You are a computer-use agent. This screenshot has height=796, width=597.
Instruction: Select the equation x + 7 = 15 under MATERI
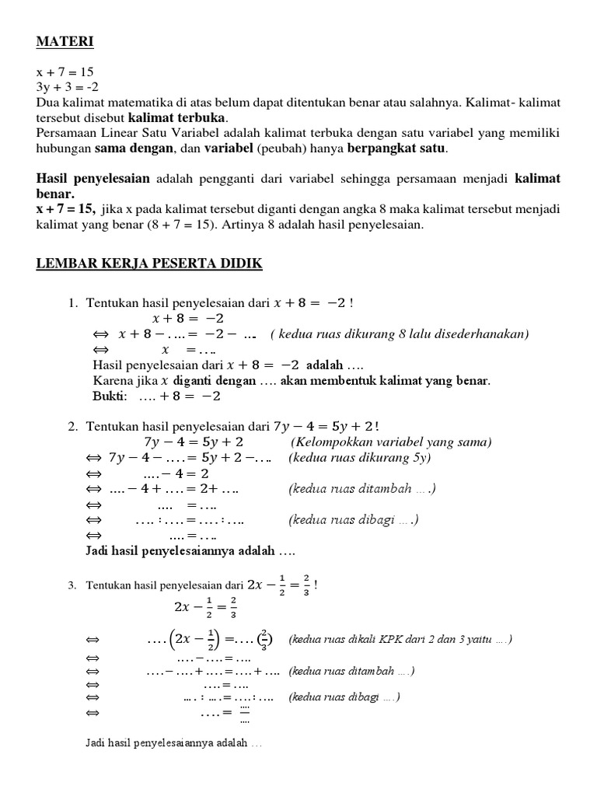[x=65, y=72]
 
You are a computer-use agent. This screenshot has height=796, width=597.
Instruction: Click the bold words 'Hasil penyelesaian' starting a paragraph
[x=93, y=179]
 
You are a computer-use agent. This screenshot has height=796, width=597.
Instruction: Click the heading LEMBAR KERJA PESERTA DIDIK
[x=149, y=265]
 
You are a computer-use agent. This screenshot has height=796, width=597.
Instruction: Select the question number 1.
[x=73, y=303]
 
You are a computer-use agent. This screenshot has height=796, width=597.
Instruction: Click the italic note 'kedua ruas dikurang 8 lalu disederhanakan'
[x=400, y=334]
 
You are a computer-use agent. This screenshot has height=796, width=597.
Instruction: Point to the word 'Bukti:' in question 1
[x=110, y=396]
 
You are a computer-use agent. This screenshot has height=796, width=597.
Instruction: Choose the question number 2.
[x=73, y=426]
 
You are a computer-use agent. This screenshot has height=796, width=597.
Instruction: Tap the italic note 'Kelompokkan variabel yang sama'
[x=391, y=442]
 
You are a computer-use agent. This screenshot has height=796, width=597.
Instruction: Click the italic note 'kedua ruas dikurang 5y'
[x=359, y=457]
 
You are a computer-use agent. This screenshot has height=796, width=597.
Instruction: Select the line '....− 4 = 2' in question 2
[x=176, y=473]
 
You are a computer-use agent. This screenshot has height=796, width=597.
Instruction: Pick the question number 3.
[x=72, y=585]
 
